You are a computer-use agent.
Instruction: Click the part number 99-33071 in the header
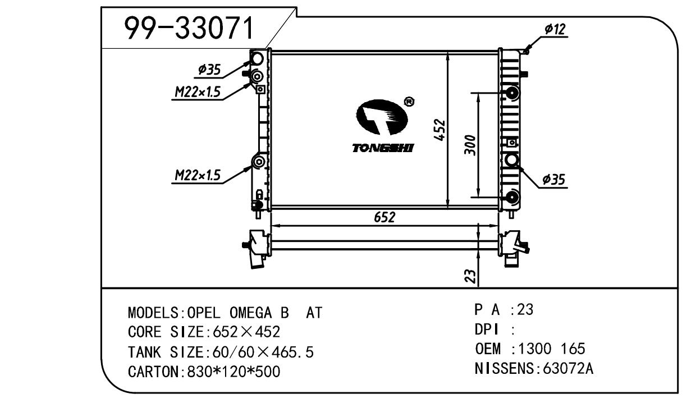coord(189,28)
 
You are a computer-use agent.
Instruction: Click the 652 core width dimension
coord(385,217)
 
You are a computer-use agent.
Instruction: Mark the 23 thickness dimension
coord(471,275)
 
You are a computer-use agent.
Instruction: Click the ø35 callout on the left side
coord(209,70)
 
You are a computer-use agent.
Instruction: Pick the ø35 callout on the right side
coord(553,179)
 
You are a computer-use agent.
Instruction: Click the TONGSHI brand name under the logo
coord(383,148)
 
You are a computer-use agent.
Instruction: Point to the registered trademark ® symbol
coord(409,102)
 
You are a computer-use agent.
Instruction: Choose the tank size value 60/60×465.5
coord(260,352)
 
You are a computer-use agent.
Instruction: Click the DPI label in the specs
coord(486,329)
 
